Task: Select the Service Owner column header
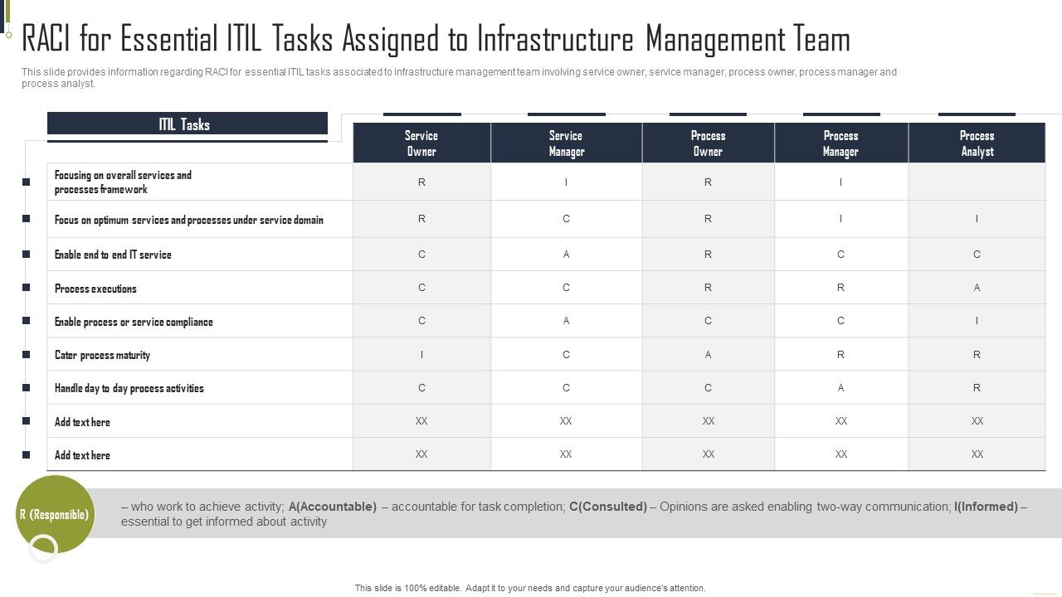click(421, 143)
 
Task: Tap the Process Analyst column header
click(977, 143)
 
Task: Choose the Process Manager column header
click(840, 143)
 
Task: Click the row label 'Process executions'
click(95, 289)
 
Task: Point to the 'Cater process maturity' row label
click(102, 355)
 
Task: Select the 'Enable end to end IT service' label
click(113, 255)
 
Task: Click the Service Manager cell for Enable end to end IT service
click(566, 255)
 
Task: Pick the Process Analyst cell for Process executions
click(977, 288)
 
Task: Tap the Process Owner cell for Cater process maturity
click(708, 354)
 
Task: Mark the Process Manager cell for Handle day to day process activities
click(840, 387)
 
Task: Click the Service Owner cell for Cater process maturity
click(421, 354)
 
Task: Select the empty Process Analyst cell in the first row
click(977, 182)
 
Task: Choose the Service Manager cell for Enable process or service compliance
click(566, 321)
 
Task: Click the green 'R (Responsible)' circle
click(55, 515)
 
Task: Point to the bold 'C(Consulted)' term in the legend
click(608, 507)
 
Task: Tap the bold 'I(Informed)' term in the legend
click(986, 507)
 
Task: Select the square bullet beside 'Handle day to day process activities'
click(27, 388)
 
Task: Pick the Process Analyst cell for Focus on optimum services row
click(977, 219)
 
